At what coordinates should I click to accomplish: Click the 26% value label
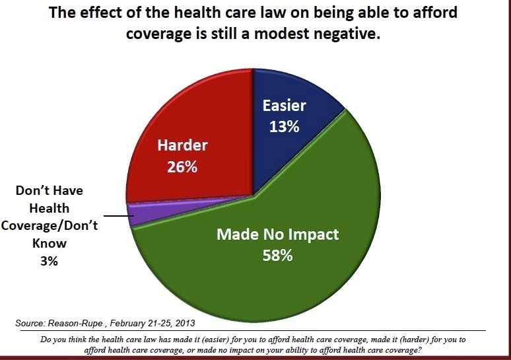(182, 167)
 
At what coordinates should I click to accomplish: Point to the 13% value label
(285, 126)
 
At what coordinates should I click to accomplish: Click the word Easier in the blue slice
(285, 106)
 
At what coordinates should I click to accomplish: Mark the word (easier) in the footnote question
(203, 339)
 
